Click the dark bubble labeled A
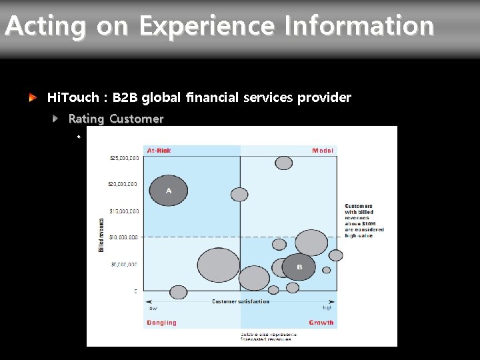click(169, 191)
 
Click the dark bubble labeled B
click(299, 267)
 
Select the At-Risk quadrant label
click(159, 151)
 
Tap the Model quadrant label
click(323, 151)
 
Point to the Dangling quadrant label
click(161, 323)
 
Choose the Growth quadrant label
click(321, 323)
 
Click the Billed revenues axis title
click(101, 235)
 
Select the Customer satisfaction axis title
click(241, 301)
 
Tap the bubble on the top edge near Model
click(284, 162)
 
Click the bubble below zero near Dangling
click(178, 292)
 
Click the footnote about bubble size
click(265, 336)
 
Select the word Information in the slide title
click(359, 27)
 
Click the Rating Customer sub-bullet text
click(115, 119)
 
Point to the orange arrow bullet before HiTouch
click(33, 97)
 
